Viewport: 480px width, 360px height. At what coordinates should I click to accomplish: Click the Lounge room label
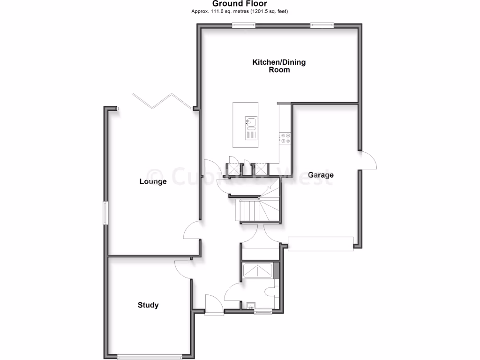pos(153,181)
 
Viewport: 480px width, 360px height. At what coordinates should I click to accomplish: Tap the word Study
pos(148,305)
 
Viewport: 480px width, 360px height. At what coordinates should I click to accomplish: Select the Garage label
pos(321,175)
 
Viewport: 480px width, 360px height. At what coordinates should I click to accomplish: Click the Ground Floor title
pos(240,4)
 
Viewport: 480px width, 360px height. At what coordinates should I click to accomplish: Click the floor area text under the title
pos(240,11)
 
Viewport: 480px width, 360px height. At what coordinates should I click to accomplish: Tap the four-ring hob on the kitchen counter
pos(285,138)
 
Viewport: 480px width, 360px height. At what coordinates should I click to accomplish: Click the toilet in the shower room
pos(270,292)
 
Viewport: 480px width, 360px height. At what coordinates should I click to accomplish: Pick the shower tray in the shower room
pos(258,270)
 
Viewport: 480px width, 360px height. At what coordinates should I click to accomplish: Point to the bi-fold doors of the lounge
pos(162,100)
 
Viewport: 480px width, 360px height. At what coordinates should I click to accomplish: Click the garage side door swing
pos(368,160)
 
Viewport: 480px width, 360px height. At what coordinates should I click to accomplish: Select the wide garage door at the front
pos(321,244)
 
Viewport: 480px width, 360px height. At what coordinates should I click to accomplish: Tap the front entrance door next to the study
pos(214,305)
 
